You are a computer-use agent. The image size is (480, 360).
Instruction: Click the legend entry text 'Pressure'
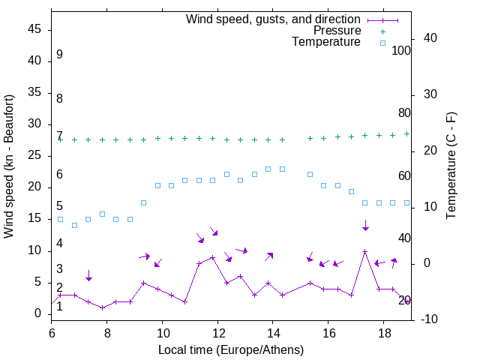[337, 31]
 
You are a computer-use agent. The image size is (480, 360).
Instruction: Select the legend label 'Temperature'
[326, 43]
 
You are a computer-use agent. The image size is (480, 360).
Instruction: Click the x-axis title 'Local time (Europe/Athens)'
[231, 350]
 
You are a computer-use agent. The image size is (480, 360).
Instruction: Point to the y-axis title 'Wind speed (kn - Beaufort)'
[9, 166]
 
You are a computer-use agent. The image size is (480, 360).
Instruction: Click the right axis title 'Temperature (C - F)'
[451, 166]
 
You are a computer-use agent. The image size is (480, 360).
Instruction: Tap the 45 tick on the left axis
[33, 30]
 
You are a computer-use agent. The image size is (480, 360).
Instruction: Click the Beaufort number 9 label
[59, 55]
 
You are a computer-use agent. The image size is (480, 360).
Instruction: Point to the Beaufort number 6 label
[59, 175]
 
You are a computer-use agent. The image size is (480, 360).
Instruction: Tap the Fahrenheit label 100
[401, 51]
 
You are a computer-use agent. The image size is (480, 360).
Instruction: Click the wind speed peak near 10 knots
[364, 252]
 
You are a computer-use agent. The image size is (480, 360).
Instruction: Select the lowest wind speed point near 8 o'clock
[102, 307]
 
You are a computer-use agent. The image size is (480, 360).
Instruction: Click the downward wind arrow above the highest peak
[365, 225]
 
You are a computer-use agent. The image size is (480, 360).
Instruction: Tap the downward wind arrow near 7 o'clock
[88, 275]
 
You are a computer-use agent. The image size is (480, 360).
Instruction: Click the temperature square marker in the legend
[382, 43]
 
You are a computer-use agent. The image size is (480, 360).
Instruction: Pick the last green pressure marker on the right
[406, 133]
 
